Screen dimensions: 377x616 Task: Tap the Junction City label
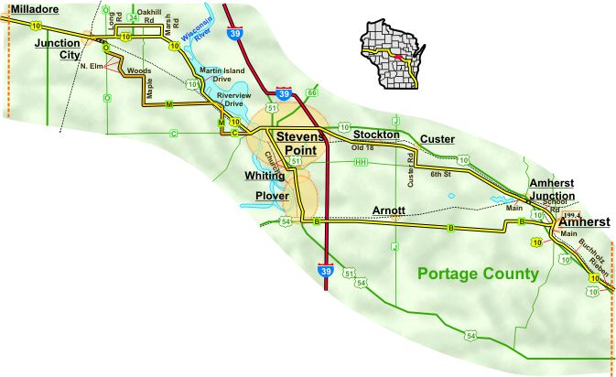(x=57, y=48)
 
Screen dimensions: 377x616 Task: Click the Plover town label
(x=272, y=196)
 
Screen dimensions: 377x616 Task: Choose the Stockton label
(x=376, y=135)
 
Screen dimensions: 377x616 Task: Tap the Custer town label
(x=438, y=139)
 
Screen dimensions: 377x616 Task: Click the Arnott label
(x=389, y=210)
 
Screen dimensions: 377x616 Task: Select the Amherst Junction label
(x=552, y=189)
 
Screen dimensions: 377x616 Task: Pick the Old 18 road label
(x=363, y=146)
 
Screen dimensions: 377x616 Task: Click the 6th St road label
(x=442, y=173)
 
